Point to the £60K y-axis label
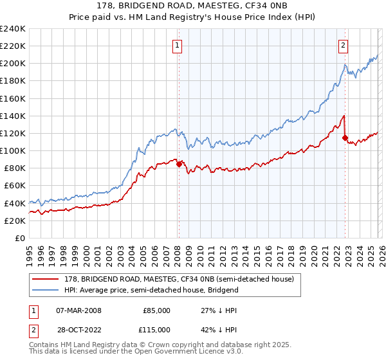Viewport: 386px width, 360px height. [15, 185]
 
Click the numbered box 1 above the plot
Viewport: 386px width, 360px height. [177, 45]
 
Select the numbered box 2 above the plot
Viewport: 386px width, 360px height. [344, 45]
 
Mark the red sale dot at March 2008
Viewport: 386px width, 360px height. [178, 164]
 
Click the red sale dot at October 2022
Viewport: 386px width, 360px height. [345, 138]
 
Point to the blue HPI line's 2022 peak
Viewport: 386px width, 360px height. [345, 65]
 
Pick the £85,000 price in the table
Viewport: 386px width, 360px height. [156, 310]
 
